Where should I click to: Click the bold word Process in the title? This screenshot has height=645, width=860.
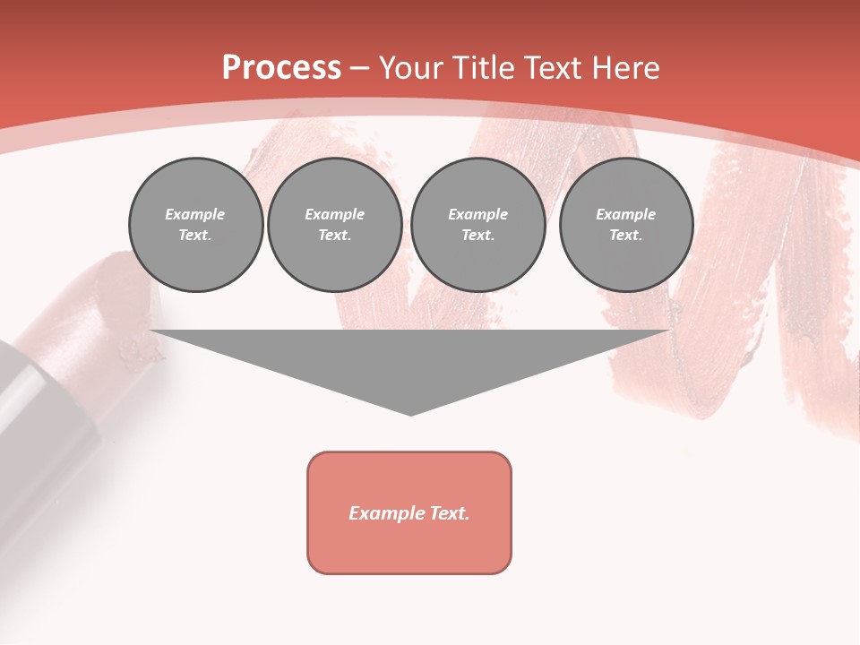tap(281, 68)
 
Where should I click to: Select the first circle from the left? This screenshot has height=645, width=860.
tap(195, 225)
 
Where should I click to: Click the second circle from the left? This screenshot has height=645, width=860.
tap(335, 225)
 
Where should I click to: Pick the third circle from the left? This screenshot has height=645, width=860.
tap(477, 225)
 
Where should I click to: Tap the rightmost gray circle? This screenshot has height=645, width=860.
tap(626, 225)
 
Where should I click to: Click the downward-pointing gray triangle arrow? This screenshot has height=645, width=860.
tap(410, 363)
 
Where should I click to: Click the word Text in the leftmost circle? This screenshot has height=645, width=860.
tap(194, 236)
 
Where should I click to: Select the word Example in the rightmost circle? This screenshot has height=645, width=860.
tap(625, 214)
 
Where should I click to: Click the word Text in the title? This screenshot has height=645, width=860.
tap(555, 68)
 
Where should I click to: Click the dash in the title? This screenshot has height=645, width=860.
tap(360, 68)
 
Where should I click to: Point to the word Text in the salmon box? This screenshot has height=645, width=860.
tap(449, 513)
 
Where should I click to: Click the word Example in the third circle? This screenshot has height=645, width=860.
tap(477, 214)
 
